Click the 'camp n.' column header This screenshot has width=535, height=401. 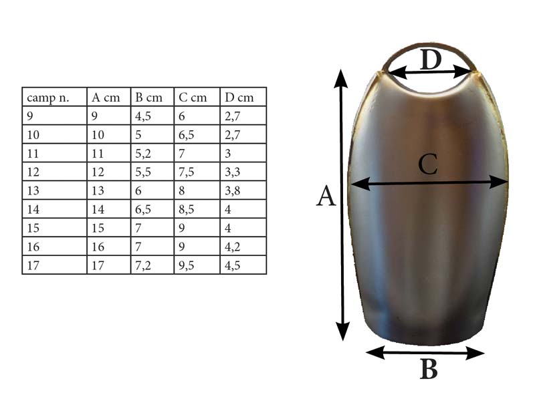pyautogui.click(x=47, y=98)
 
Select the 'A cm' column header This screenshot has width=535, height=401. pyautogui.click(x=106, y=98)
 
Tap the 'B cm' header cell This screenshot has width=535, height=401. pyautogui.click(x=148, y=98)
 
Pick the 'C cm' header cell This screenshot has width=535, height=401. pyautogui.click(x=193, y=98)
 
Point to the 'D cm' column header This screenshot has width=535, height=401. pyautogui.click(x=239, y=98)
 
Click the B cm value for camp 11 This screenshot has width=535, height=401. pyautogui.click(x=143, y=154)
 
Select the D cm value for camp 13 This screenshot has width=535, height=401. pyautogui.click(x=232, y=190)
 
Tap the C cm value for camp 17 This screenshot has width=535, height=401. pyautogui.click(x=187, y=265)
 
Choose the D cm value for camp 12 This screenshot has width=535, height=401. pyautogui.click(x=232, y=172)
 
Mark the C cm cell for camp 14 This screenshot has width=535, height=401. pyautogui.click(x=187, y=209)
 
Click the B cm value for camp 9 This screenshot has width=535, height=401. pyautogui.click(x=143, y=116)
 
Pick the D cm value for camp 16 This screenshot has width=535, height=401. pyautogui.click(x=232, y=247)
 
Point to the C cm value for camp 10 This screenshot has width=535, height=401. pyautogui.click(x=187, y=135)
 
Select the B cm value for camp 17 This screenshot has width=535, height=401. pyautogui.click(x=143, y=265)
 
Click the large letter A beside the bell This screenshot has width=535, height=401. pyautogui.click(x=326, y=196)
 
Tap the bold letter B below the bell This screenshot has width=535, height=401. pyautogui.click(x=429, y=370)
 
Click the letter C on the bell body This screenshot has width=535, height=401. pyautogui.click(x=428, y=164)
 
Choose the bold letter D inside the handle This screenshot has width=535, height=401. pyautogui.click(x=431, y=59)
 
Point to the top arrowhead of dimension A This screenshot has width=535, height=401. pyautogui.click(x=340, y=78)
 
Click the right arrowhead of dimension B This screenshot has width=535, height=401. pyautogui.click(x=475, y=354)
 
